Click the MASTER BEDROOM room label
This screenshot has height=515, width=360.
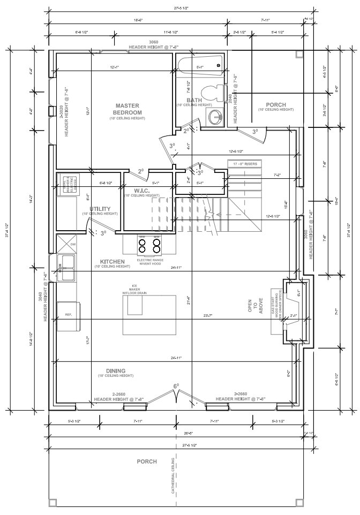click(x=128, y=109)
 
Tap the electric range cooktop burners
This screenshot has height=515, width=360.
click(x=149, y=245)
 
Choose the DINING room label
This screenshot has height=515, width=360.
click(x=116, y=371)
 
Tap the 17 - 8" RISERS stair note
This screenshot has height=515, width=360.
click(x=244, y=163)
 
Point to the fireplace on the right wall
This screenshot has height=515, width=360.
click(x=294, y=311)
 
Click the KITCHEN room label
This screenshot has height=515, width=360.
click(x=112, y=262)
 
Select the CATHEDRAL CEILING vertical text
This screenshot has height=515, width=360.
click(x=173, y=474)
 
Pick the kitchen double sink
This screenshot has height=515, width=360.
click(x=67, y=267)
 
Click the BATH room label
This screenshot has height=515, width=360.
click(x=194, y=101)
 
